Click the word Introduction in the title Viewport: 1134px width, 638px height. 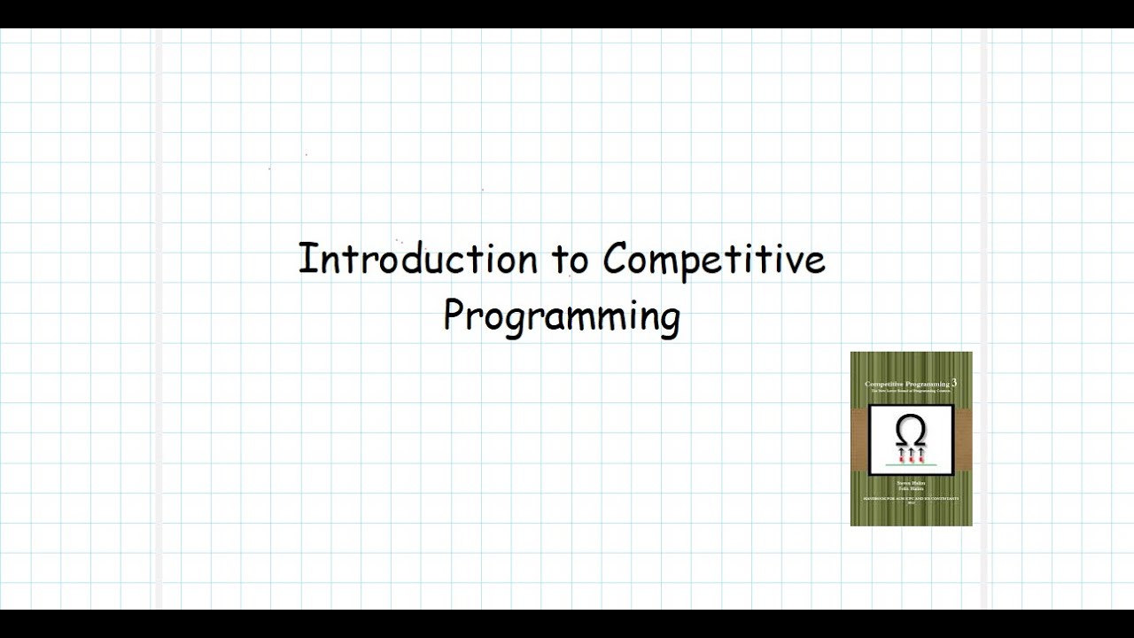417,259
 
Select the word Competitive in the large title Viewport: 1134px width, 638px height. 714,260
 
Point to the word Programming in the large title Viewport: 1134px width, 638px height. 562,316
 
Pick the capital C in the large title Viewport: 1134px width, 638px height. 617,259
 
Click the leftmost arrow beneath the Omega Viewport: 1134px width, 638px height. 900,455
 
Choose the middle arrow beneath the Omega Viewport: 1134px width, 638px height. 911,455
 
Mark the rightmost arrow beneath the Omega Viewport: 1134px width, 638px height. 921,455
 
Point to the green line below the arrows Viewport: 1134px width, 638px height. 911,465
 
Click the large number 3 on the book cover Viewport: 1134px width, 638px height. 954,382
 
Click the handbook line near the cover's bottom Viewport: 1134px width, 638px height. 911,499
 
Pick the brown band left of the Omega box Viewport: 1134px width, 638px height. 858,440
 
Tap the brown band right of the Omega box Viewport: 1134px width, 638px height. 963,440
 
